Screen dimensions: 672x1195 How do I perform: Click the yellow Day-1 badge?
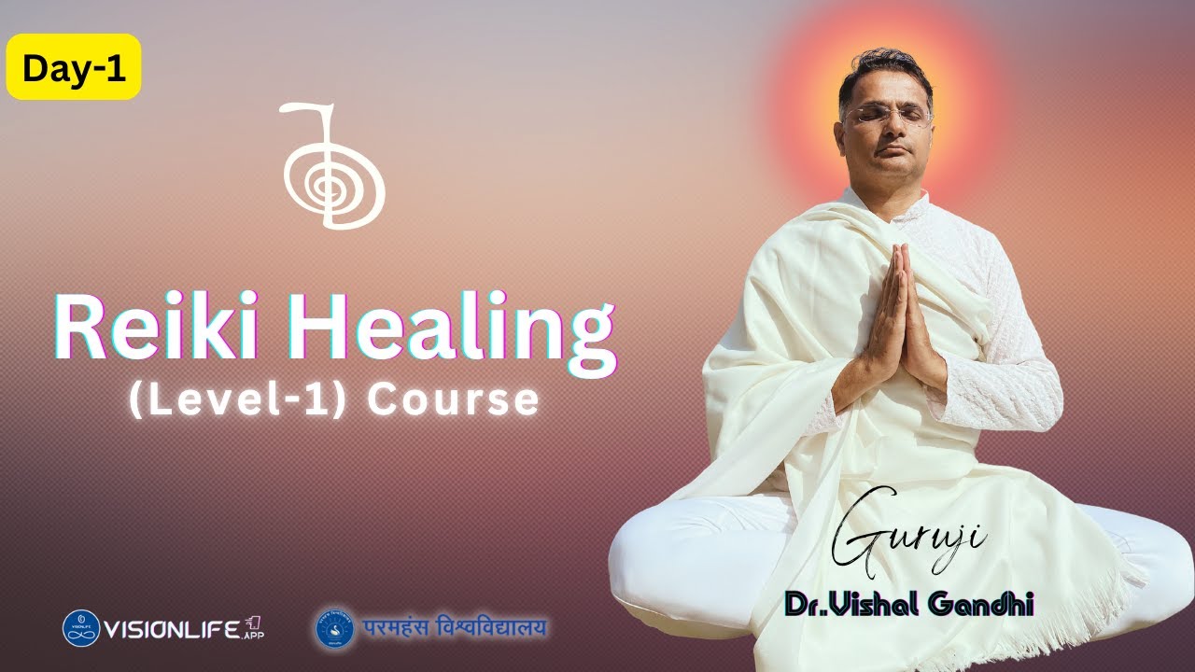[74, 67]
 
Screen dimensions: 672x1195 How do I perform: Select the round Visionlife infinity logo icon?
[81, 628]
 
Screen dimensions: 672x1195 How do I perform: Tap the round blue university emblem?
[333, 628]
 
